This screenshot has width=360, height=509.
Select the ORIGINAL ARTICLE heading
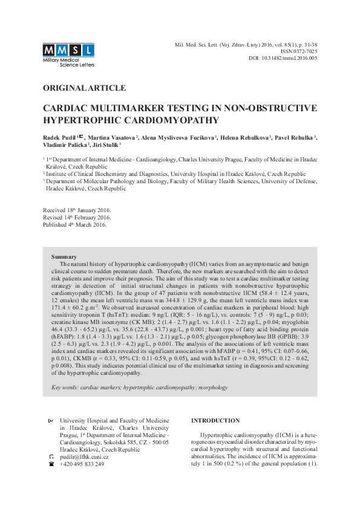tap(84, 88)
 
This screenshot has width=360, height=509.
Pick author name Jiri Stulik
tap(106, 145)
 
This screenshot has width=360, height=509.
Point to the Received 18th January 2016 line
tap(77, 210)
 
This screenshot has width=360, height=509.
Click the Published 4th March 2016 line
tap(74, 224)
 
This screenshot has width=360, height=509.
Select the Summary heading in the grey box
tap(64, 257)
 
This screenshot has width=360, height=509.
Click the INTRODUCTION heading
tap(215, 420)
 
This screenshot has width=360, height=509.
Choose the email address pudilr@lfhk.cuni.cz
tap(84, 456)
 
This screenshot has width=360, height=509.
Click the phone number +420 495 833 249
tap(82, 464)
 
